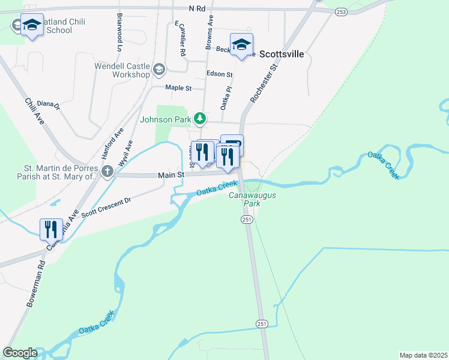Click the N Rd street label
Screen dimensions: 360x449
[x=197, y=9]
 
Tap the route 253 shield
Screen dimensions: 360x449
[x=341, y=12]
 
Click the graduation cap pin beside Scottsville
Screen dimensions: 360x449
[x=241, y=45]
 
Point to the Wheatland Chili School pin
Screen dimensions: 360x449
[x=32, y=25]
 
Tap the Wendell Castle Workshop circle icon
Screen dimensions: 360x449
[x=159, y=68]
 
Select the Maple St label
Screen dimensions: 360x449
[x=178, y=88]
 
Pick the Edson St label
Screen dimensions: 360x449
[x=219, y=74]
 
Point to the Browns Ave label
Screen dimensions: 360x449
[x=209, y=32]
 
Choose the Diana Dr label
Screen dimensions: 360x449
[x=49, y=105]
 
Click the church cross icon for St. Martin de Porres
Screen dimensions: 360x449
[x=107, y=172]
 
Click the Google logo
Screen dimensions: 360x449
[x=20, y=353]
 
